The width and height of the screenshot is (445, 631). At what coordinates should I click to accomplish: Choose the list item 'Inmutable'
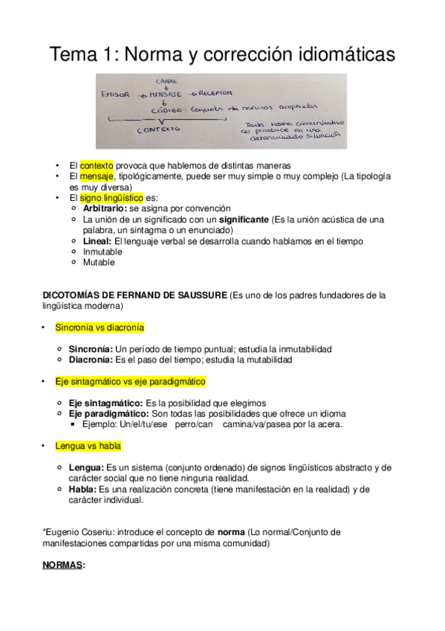pyautogui.click(x=103, y=252)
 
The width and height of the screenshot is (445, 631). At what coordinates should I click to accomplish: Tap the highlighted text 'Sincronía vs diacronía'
pyautogui.click(x=100, y=327)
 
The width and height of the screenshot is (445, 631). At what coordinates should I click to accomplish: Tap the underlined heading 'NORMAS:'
pyautogui.click(x=65, y=565)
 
